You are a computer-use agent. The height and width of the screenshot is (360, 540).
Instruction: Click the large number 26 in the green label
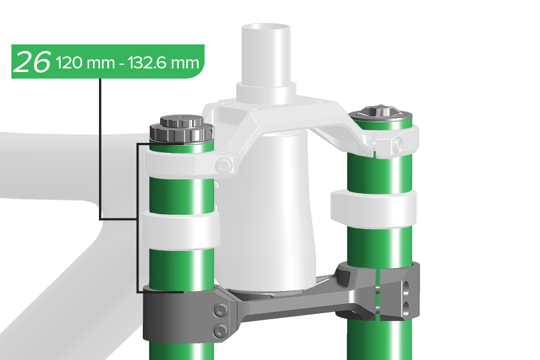click(x=34, y=62)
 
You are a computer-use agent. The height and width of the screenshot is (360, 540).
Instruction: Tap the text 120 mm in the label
click(x=85, y=63)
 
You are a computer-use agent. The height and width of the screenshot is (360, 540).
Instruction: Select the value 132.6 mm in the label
click(x=164, y=63)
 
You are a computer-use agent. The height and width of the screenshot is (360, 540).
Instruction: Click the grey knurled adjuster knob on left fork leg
click(x=181, y=129)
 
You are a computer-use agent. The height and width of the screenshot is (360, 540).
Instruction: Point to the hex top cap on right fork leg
click(x=380, y=112)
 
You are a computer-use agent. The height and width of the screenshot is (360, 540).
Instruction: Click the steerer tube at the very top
click(x=266, y=55)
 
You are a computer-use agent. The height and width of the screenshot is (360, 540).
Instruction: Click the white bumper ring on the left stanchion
click(x=181, y=230)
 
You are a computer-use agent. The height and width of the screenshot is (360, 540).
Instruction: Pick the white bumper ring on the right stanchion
click(x=373, y=208)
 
